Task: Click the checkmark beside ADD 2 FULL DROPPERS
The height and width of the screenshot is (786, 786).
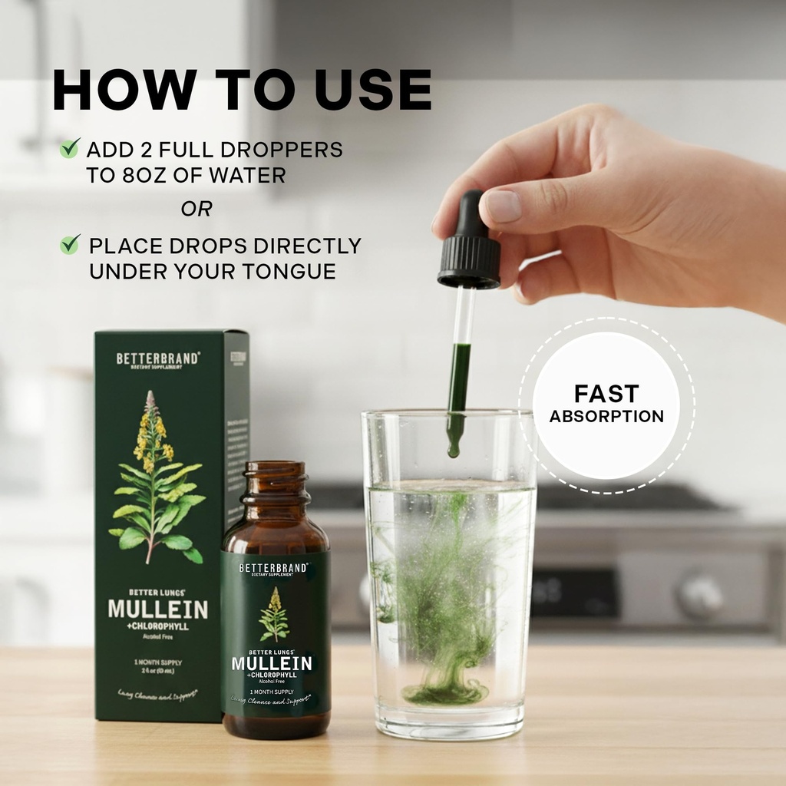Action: [x=70, y=147]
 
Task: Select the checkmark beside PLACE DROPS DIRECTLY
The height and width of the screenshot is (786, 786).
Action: [x=70, y=245]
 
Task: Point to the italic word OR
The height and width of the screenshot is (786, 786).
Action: [x=196, y=209]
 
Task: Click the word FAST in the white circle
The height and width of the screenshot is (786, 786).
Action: [x=606, y=394]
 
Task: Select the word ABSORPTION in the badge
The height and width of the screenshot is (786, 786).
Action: [x=606, y=417]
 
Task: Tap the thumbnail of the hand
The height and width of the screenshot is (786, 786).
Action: [x=504, y=206]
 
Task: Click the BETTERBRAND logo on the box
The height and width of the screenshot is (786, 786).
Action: [x=158, y=358]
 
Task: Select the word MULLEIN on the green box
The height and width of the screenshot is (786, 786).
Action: [x=157, y=610]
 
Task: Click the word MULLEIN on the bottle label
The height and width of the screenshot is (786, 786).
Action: [x=272, y=663]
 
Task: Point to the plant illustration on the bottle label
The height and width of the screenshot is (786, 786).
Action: [x=273, y=615]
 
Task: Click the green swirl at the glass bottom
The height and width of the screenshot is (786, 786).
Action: [x=445, y=692]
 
